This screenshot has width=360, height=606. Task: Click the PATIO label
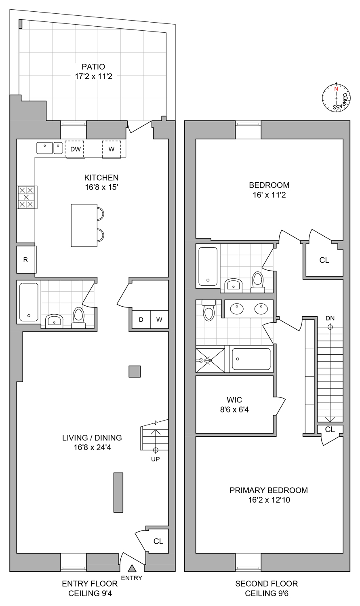93,67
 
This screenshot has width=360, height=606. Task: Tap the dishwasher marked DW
75,149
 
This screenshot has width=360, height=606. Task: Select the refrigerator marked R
26,259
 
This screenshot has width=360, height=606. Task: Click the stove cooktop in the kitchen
27,197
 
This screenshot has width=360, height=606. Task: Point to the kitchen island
84,225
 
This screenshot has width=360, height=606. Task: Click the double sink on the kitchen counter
49,148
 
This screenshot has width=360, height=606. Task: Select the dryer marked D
141,320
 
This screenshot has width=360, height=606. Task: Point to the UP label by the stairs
156,459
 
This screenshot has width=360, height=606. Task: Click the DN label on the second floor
330,318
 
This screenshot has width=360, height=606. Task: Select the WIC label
234,400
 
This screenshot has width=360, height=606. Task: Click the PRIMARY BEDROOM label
269,490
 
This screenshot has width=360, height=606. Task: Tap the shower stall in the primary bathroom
210,360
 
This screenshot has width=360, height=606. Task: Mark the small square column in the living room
135,371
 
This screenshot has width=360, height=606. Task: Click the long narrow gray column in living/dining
118,492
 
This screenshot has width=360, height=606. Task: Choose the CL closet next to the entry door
158,541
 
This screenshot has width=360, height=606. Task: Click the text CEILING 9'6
266,593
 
